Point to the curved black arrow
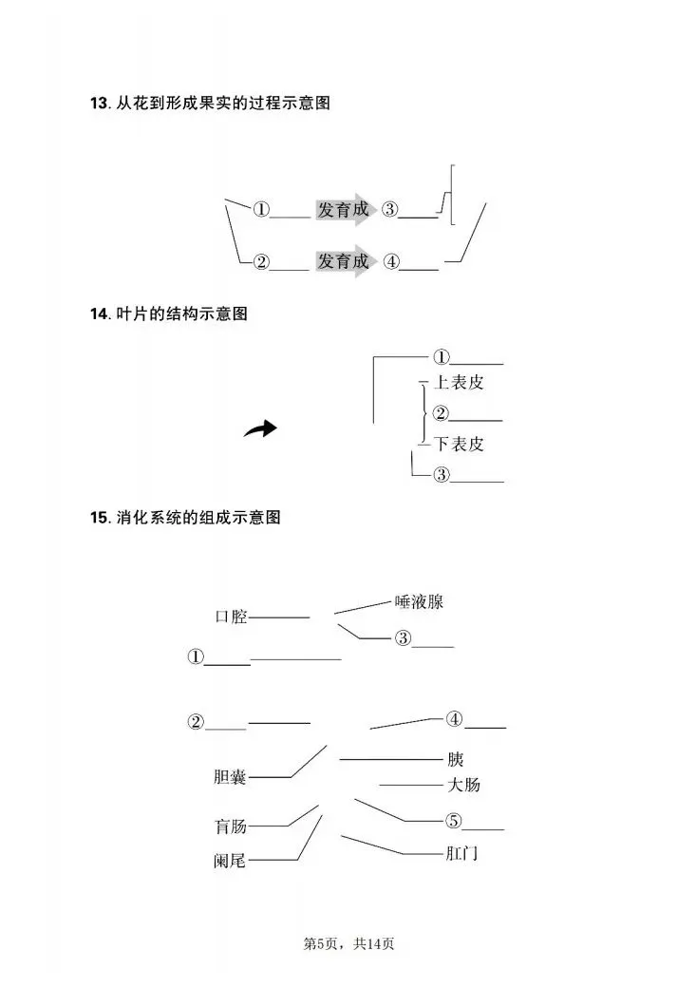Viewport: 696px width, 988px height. tap(260, 429)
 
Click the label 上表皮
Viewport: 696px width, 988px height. tap(459, 383)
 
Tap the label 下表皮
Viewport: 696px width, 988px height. tap(459, 444)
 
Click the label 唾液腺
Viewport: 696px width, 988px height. tap(419, 601)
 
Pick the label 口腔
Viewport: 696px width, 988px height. tap(231, 617)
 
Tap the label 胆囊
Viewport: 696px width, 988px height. tap(231, 777)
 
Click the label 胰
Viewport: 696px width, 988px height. tap(456, 759)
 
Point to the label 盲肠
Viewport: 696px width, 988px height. tap(231, 826)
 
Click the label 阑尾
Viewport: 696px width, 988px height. tap(231, 861)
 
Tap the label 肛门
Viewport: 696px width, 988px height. tap(461, 853)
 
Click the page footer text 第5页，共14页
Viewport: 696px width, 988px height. tap(348, 943)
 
